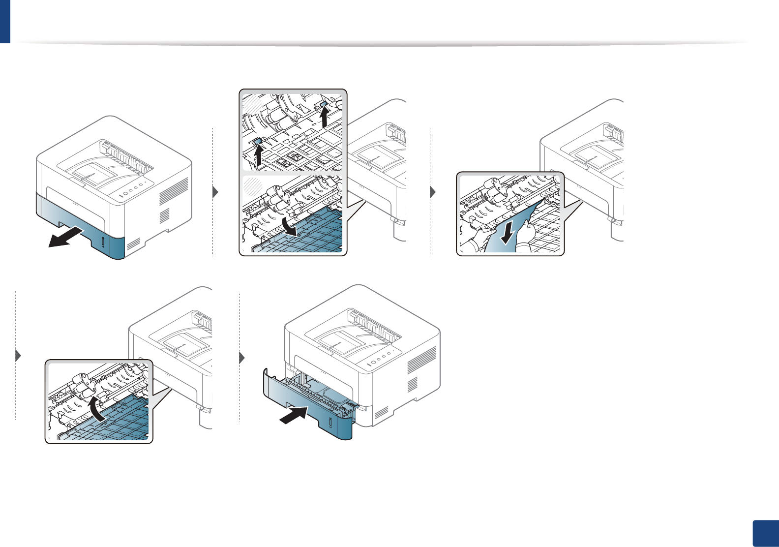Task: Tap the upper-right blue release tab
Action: click(x=324, y=104)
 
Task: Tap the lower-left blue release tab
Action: click(x=257, y=142)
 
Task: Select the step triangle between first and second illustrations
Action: click(x=215, y=192)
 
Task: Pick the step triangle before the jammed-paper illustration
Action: click(x=433, y=192)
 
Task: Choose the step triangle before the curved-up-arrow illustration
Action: click(x=18, y=355)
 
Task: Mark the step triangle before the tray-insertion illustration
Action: click(x=241, y=358)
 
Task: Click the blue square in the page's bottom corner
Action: click(x=766, y=534)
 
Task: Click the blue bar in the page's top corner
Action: click(x=5, y=22)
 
